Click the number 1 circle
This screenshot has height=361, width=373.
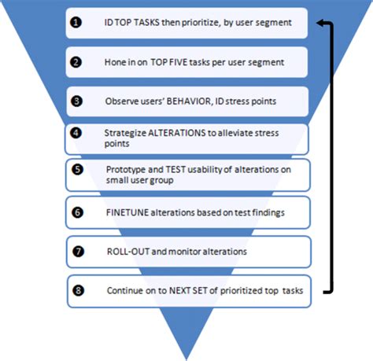point(76,23)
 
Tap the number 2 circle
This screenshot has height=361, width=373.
point(76,61)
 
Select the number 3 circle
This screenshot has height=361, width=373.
point(76,100)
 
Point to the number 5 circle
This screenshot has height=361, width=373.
point(76,168)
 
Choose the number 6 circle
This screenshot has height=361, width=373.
point(76,212)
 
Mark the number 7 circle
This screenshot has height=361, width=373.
point(76,252)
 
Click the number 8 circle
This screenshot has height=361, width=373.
point(76,290)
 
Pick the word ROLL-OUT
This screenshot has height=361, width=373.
point(127,252)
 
